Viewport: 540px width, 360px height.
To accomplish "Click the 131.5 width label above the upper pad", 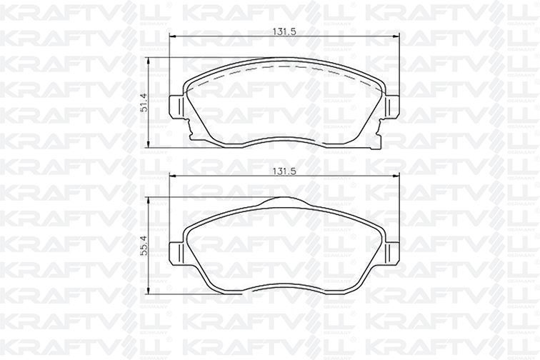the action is tap(285, 32).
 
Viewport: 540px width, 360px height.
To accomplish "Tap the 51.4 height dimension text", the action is tap(144, 102).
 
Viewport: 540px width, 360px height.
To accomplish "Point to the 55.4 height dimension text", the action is tap(144, 246).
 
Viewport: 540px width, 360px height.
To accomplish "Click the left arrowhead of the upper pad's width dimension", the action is tap(172, 36).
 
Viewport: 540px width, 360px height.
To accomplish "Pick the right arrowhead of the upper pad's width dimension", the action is tap(396, 36).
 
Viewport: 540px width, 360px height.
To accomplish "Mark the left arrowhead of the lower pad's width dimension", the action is tap(172, 176).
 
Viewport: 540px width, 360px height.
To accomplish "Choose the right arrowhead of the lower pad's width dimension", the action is tap(396, 176).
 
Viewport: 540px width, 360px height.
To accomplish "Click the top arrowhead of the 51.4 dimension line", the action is tap(149, 61).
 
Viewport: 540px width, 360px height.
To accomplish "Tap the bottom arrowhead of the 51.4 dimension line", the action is tap(149, 145).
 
